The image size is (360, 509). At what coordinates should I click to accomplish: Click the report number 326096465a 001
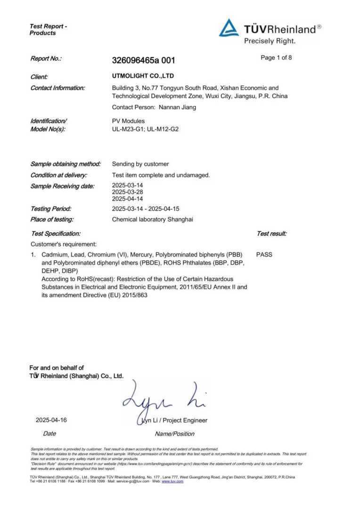point(144,60)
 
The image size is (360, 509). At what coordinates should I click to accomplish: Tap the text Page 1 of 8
point(276,58)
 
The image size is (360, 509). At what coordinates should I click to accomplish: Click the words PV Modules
point(128,121)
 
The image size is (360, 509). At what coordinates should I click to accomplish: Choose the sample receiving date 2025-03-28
point(127,192)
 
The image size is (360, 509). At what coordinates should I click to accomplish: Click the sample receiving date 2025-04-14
point(127,199)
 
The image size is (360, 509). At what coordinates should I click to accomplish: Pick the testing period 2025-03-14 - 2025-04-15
point(153,208)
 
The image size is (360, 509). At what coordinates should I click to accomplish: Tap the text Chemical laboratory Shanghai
point(153,219)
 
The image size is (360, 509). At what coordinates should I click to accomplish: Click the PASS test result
point(264,254)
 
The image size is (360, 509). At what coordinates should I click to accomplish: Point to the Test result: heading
point(271,234)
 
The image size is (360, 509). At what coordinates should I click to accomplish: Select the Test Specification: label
point(56,234)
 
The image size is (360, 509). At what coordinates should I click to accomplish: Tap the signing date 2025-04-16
point(51,420)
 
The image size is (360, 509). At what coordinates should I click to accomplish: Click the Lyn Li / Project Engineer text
point(175,420)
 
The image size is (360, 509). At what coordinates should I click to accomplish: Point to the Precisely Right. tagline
point(270,41)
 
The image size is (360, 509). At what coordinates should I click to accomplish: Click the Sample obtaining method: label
point(65,164)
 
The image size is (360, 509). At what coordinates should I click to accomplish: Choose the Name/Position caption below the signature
point(174,434)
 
